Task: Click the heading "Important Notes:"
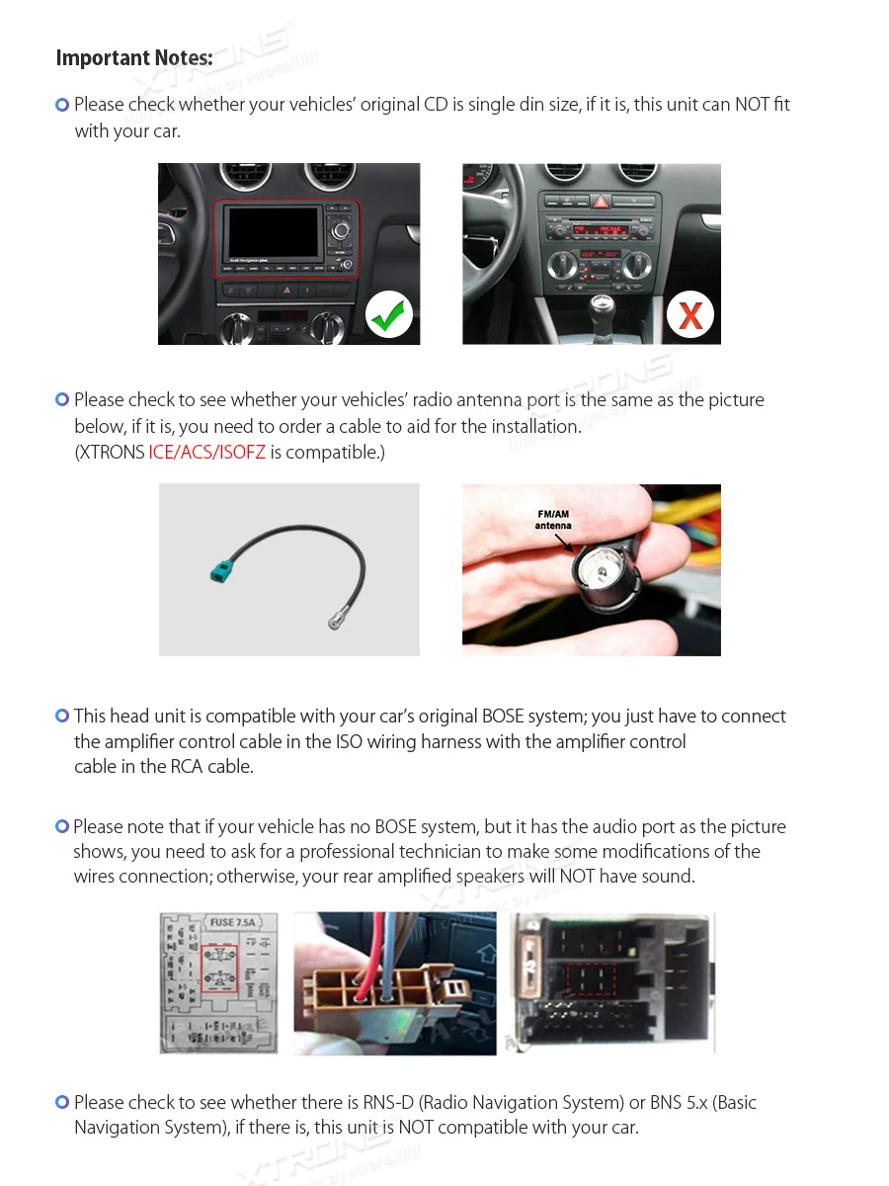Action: click(x=134, y=58)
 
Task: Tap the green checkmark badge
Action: click(x=389, y=315)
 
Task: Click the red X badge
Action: click(x=690, y=315)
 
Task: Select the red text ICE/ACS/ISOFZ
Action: click(x=206, y=453)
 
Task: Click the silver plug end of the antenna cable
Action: click(x=335, y=622)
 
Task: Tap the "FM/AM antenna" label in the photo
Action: click(x=553, y=520)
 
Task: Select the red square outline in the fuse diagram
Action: click(x=218, y=969)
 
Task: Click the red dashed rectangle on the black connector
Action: click(x=591, y=981)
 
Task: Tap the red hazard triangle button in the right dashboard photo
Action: click(x=600, y=201)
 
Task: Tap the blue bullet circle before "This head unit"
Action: click(x=62, y=717)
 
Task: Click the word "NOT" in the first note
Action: click(x=752, y=105)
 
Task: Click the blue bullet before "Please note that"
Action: click(x=62, y=826)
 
